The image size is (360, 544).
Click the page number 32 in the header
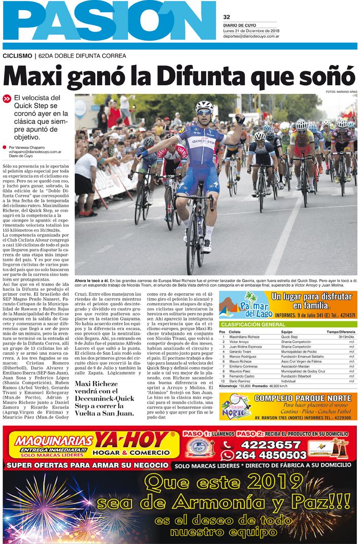(226, 17)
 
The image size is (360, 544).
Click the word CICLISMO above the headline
(17, 56)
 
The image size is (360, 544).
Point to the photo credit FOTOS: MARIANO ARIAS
(342, 91)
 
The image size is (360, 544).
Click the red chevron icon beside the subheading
(7, 99)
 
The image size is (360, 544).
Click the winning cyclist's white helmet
(204, 106)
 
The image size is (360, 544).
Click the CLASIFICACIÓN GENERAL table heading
(253, 324)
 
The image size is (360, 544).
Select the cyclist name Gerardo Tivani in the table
(241, 351)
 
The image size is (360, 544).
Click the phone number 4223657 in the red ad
(264, 445)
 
